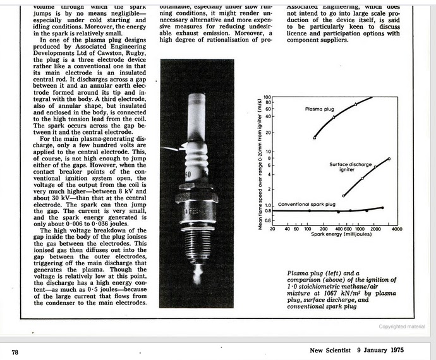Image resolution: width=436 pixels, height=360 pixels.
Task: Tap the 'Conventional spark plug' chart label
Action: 306,204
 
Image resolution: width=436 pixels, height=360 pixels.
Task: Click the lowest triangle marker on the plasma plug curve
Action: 315,137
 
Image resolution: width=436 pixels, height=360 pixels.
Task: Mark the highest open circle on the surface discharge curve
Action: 389,159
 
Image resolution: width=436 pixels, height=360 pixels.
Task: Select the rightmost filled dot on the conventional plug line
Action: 382,208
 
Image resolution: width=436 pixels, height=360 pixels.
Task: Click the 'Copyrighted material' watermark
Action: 402,327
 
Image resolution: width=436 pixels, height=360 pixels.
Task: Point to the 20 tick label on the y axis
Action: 267,133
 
